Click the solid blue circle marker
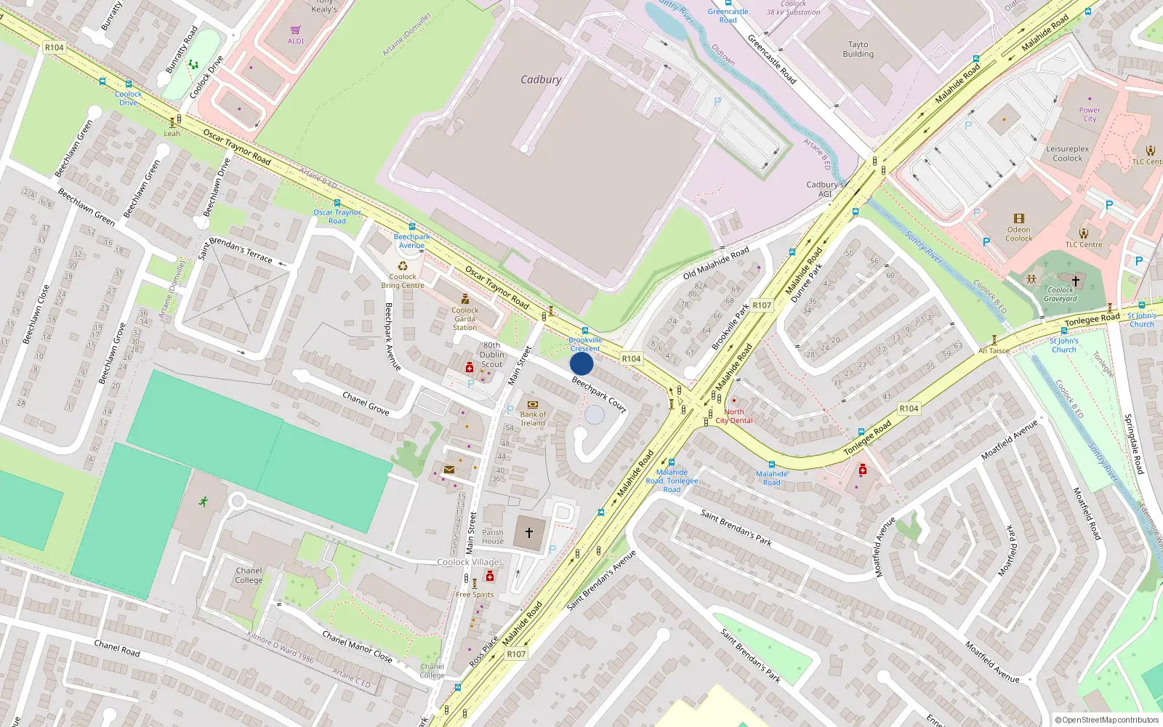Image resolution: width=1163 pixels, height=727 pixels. [581, 363]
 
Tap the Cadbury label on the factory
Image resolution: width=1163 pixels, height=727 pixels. [541, 79]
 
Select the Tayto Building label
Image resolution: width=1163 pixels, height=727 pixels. [858, 49]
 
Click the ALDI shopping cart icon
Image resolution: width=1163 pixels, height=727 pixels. [295, 31]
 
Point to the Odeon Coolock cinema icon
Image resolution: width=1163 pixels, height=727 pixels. [1018, 218]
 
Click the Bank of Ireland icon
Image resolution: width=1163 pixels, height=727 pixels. [533, 405]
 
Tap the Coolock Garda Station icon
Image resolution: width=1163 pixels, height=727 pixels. [464, 299]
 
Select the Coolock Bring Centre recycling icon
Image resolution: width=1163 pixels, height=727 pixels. [403, 266]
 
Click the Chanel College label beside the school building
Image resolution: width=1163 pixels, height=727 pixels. [249, 575]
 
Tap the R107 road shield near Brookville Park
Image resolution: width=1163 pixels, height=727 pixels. [761, 305]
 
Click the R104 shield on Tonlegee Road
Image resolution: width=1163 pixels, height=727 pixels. [909, 409]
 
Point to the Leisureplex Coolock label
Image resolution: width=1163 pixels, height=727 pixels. [1067, 153]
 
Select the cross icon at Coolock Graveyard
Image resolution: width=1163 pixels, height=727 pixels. [1075, 280]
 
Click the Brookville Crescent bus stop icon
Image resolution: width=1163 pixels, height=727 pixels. [584, 331]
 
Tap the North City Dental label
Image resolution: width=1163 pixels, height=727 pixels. [734, 416]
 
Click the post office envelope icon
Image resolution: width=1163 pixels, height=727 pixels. [449, 470]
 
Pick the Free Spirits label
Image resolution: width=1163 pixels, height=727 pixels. [475, 595]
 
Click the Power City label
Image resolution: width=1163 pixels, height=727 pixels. [1090, 114]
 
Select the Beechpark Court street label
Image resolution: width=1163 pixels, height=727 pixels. [599, 393]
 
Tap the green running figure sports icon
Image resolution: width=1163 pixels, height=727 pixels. [203, 501]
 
